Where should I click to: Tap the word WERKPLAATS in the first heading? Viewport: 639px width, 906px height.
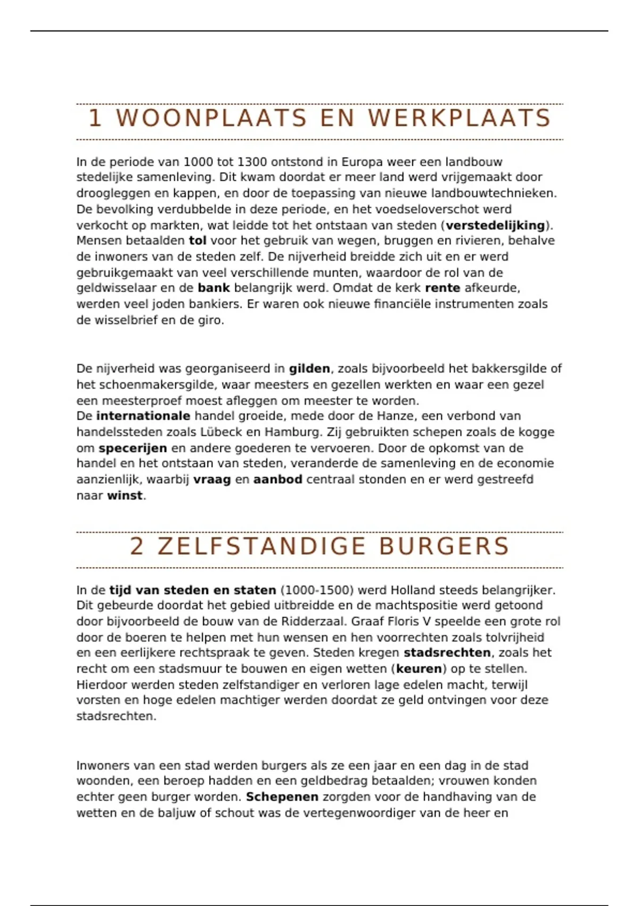tap(460, 118)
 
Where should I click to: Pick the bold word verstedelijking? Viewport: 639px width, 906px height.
tap(495, 225)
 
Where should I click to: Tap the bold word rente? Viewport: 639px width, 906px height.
tap(443, 288)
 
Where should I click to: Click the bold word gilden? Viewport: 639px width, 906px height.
tap(309, 369)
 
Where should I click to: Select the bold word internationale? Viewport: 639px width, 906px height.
tap(143, 416)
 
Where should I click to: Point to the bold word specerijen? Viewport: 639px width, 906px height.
tap(133, 448)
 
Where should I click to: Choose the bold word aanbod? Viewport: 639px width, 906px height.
tap(277, 480)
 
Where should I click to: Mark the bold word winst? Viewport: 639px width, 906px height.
tap(125, 496)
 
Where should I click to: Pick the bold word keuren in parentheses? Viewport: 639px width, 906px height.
tap(419, 669)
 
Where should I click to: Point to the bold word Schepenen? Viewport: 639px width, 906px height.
tap(282, 797)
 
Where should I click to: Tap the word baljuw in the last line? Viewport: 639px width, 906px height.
tap(178, 813)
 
